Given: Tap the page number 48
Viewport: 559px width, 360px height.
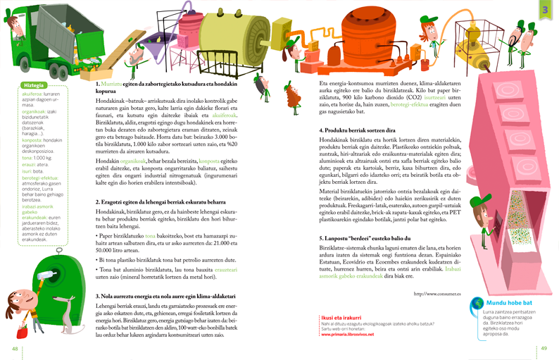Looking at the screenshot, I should (15, 348).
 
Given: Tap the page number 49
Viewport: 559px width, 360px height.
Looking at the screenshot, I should (544, 348).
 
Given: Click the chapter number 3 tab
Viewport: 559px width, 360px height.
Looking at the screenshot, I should (545, 9).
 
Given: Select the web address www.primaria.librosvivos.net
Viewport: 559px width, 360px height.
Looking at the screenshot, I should (347, 335).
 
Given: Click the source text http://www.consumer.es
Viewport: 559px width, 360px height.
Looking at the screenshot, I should (436, 293).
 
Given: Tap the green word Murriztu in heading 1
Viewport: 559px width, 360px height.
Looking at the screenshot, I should (113, 84).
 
